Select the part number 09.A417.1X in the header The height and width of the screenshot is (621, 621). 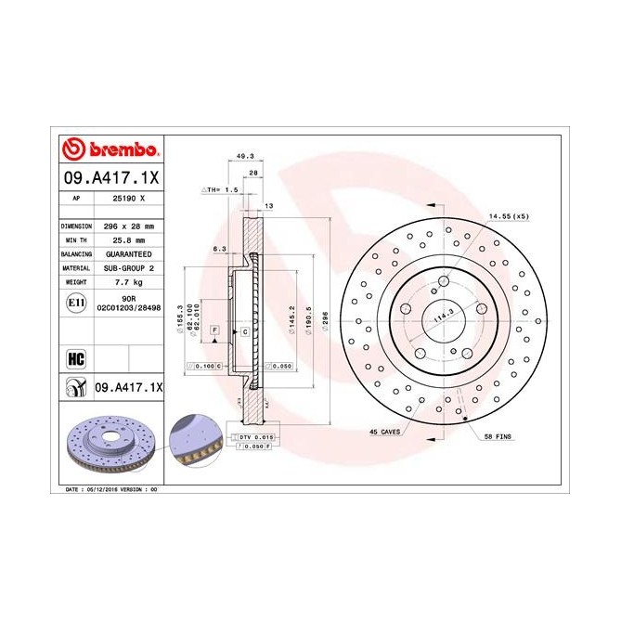pos(112,175)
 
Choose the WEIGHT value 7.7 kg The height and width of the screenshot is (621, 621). pos(126,279)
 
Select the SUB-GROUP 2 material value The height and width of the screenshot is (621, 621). pos(126,266)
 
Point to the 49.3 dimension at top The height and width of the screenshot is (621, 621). pos(247,157)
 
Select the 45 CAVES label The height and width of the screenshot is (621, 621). pos(384,432)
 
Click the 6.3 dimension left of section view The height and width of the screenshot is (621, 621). pos(220,249)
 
